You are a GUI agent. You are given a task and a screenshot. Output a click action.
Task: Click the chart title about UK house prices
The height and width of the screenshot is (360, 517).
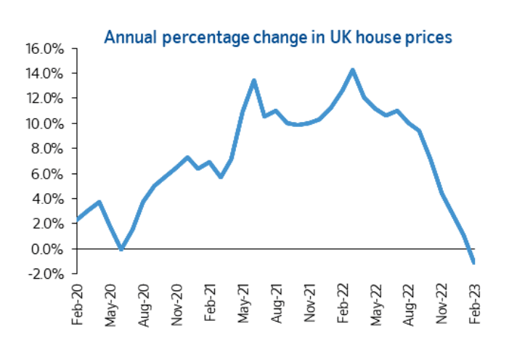(279, 37)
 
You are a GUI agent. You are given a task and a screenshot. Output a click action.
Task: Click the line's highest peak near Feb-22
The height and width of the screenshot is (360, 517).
(353, 70)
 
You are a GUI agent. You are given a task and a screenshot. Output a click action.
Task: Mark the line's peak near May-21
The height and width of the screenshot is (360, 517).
(254, 80)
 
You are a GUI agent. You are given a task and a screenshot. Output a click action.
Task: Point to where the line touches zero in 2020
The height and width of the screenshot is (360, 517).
(121, 249)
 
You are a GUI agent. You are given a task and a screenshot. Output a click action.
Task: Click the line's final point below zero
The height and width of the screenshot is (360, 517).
(474, 262)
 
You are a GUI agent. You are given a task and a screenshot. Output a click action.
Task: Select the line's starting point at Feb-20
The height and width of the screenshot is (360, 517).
(78, 218)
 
